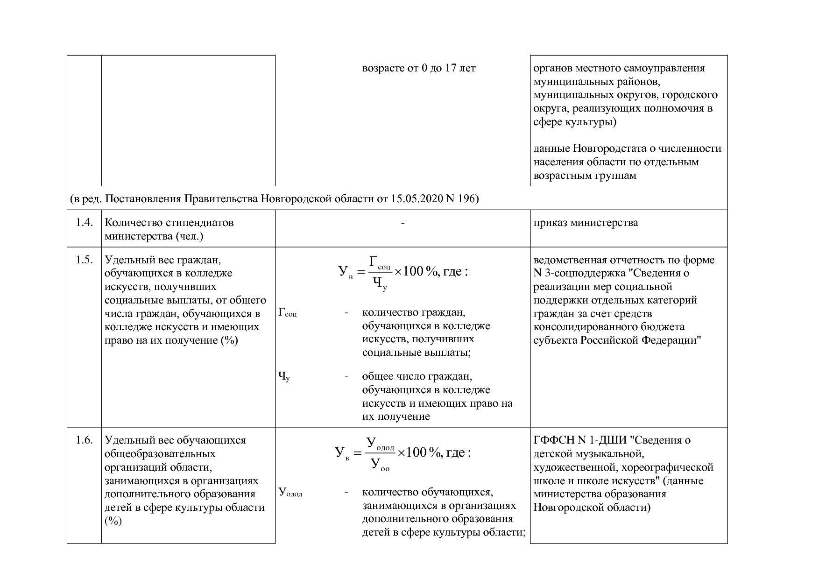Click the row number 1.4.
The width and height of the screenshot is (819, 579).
(x=84, y=223)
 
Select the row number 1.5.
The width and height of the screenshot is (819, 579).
(x=84, y=260)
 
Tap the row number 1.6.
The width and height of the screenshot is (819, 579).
(x=84, y=440)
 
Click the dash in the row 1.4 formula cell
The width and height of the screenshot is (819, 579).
(x=402, y=223)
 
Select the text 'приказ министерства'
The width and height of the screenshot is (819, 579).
(x=586, y=223)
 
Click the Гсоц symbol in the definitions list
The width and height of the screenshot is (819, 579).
(x=287, y=312)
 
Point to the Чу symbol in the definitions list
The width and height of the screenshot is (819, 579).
(x=284, y=376)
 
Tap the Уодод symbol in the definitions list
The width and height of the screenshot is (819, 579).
(x=290, y=493)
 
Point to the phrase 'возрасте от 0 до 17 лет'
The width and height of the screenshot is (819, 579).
(x=419, y=68)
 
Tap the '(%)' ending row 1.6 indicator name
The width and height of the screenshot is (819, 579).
(x=113, y=521)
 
